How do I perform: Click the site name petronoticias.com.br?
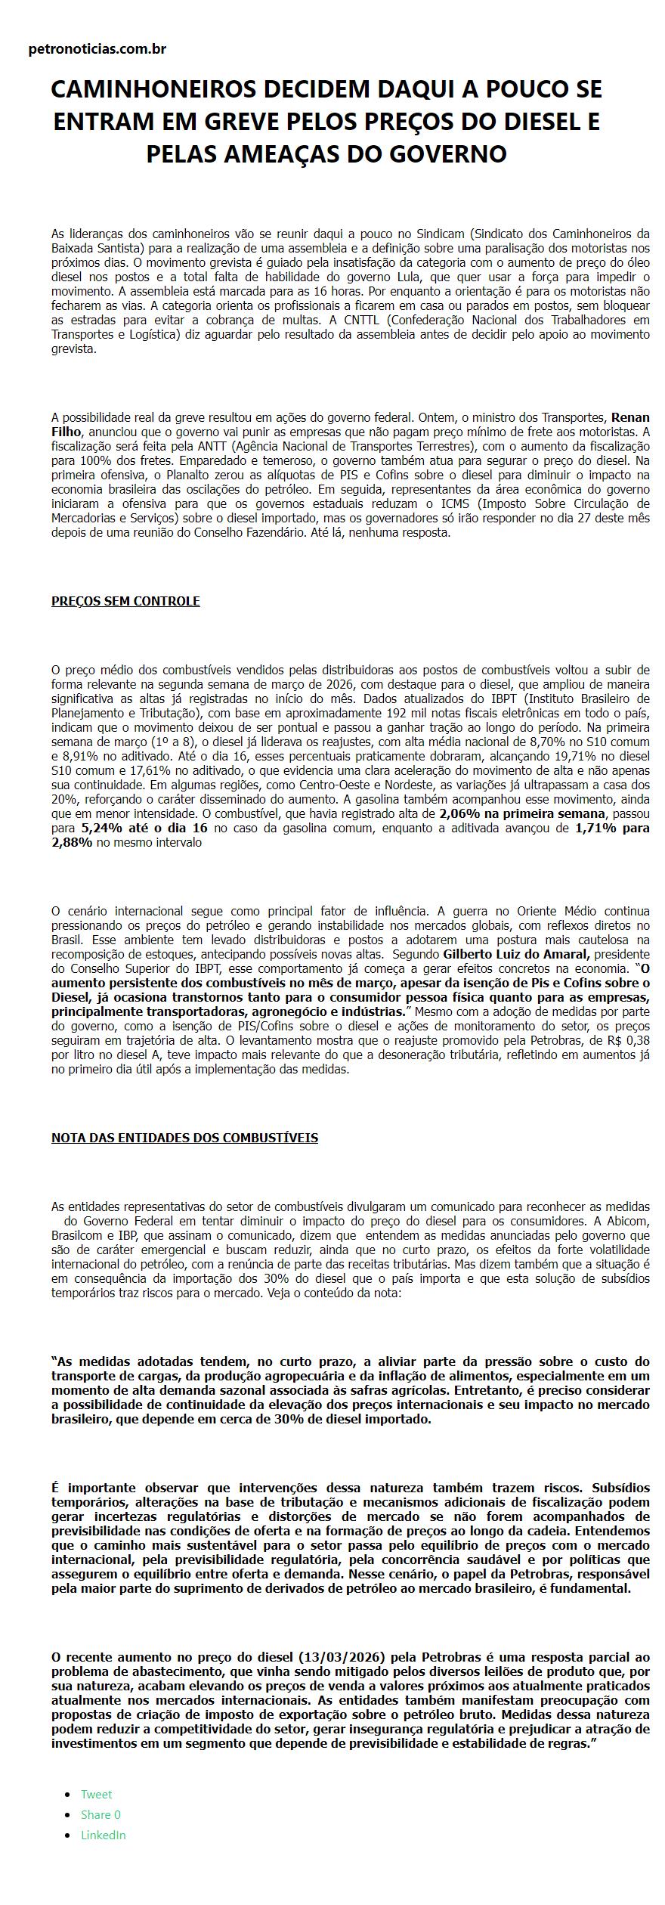coord(97,49)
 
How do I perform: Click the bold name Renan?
coord(630,417)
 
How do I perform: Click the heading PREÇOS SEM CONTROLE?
coord(125,601)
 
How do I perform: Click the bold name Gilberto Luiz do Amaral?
coord(515,954)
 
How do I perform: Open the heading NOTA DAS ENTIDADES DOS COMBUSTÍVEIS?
coord(184,1138)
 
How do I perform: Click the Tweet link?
coord(96,1794)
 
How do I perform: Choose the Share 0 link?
coord(101,1814)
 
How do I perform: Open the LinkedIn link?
coord(103,1835)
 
